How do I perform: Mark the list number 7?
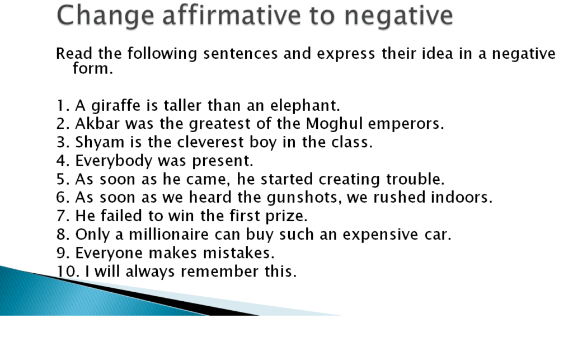tap(62, 216)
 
